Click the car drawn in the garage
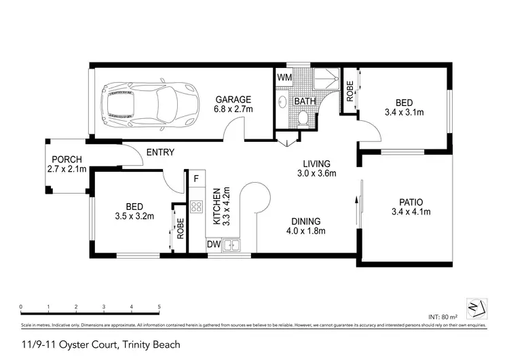pos(149,103)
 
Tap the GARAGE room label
pos(233,98)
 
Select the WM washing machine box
pos(284,77)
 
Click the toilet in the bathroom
pos(303,120)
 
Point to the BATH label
pos(303,102)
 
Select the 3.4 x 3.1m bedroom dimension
pos(404,112)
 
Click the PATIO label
pos(411,202)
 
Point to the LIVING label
pos(316,164)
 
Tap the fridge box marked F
pos(196,179)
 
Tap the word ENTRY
pos(160,152)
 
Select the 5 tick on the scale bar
pos(159,307)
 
